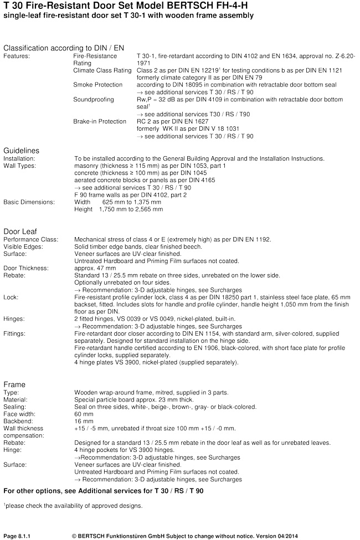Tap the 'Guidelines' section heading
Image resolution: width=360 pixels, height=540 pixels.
[x=22, y=150]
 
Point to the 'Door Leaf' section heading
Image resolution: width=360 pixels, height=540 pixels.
[x=20, y=231]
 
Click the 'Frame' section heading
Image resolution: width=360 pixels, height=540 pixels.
[x=14, y=384]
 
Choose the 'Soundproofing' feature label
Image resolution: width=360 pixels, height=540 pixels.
[x=94, y=100]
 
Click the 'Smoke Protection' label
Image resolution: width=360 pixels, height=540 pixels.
[x=97, y=85]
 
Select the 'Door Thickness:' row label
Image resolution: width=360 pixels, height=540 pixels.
[x=26, y=268]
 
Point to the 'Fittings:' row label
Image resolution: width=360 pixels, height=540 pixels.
[x=17, y=334]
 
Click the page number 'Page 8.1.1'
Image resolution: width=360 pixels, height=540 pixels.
[x=19, y=536]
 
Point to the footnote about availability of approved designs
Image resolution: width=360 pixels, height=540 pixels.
[x=73, y=505]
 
